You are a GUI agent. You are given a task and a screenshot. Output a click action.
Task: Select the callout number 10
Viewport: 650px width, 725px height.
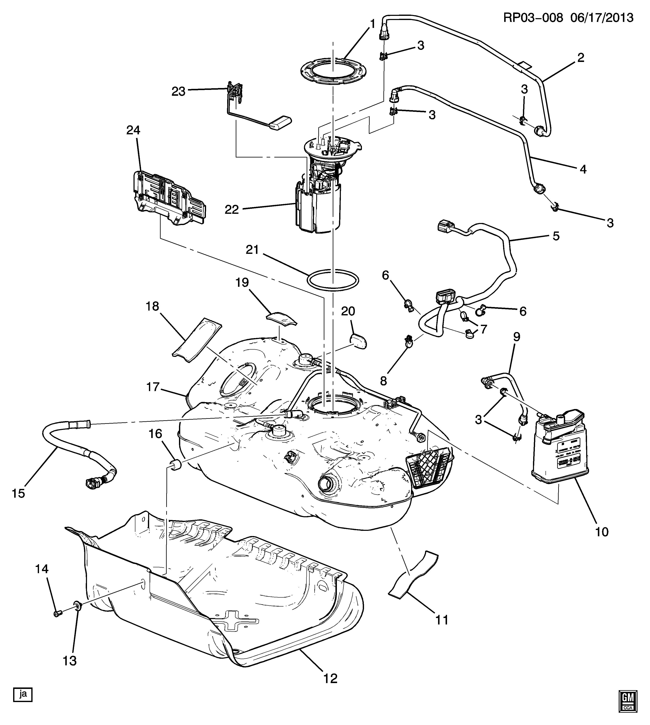click(602, 542)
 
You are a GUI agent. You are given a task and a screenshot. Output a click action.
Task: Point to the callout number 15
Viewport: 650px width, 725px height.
click(19, 493)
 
